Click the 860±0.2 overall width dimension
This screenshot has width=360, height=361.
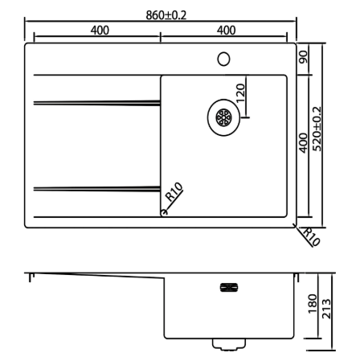click(166, 15)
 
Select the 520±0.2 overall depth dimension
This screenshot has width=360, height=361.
click(317, 129)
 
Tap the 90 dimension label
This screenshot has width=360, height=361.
click(304, 57)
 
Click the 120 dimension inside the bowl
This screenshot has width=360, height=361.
click(240, 93)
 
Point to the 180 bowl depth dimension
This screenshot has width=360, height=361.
click(313, 304)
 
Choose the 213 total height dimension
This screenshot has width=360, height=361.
click(326, 309)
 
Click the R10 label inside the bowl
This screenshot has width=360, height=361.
click(174, 192)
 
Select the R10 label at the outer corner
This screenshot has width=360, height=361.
click(311, 237)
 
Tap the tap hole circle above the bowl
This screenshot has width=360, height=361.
click(223, 59)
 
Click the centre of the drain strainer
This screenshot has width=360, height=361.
click(223, 117)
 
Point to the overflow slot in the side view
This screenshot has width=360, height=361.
click(229, 288)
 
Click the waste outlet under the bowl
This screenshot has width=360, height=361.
click(229, 345)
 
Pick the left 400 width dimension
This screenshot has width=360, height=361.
click(100, 31)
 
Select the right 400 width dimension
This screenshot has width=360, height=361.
click(227, 31)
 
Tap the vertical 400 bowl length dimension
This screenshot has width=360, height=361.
click(303, 143)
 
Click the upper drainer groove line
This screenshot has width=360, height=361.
click(97, 103)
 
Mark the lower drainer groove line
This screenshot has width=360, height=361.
click(97, 189)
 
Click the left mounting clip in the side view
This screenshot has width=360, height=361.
click(31, 277)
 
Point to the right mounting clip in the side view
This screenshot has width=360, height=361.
click(297, 277)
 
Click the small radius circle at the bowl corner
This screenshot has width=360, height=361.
click(164, 212)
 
